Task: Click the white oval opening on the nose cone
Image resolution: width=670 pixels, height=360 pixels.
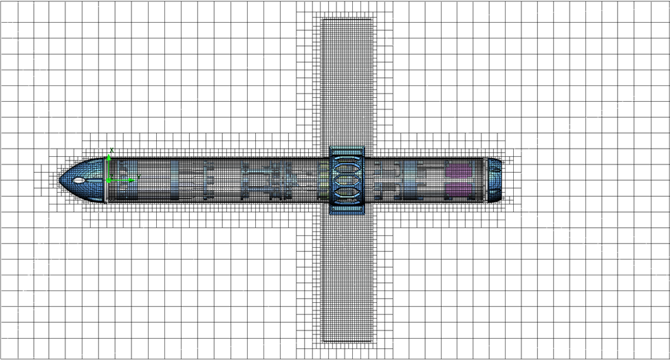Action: coord(79,180)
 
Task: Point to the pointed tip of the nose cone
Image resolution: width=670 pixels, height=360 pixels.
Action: coord(60,180)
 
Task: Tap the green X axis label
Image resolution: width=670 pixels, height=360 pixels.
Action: coord(111,150)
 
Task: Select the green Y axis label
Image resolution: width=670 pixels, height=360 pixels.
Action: coord(139,177)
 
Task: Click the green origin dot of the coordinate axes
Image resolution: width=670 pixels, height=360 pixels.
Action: coord(109,181)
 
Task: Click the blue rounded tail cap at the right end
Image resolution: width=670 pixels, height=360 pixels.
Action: coord(495,180)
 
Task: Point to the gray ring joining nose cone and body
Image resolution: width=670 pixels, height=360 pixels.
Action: coord(106,180)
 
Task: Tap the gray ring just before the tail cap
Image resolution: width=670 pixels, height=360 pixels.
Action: coord(485,180)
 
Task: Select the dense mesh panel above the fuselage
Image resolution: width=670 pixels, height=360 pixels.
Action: coord(347,83)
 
